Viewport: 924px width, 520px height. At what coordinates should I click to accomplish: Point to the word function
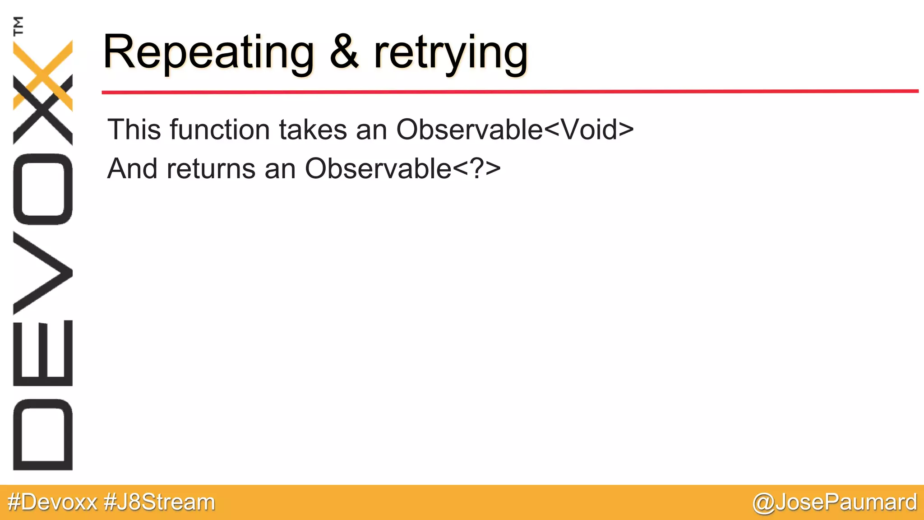click(x=220, y=130)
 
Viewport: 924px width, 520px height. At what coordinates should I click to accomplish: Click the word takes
click(x=313, y=130)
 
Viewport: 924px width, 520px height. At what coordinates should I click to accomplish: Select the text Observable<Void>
click(x=515, y=130)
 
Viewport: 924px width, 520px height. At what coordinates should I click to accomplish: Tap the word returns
click(x=212, y=169)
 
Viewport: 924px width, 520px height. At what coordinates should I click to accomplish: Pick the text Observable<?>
click(x=402, y=169)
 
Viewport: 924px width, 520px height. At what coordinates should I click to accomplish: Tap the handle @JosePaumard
click(x=835, y=502)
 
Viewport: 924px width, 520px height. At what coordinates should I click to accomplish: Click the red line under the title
click(x=510, y=92)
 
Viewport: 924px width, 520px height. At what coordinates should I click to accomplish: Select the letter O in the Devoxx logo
click(x=43, y=189)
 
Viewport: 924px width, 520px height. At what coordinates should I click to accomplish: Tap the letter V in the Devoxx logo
click(x=43, y=273)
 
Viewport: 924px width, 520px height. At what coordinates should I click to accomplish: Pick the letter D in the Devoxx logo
click(x=43, y=435)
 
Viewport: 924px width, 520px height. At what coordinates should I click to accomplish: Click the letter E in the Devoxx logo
click(x=43, y=353)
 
